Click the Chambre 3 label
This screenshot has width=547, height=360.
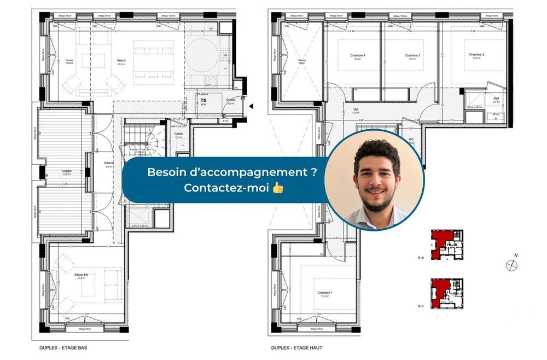(x=412, y=56)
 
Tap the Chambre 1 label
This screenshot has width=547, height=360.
(x=325, y=293)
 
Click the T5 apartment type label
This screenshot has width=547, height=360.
(x=203, y=101)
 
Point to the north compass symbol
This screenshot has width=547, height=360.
(x=511, y=264)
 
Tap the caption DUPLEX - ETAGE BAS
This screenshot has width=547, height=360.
(x=63, y=347)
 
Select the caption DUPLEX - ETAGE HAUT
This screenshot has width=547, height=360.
(x=296, y=347)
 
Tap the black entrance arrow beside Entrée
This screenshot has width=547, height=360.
(x=251, y=106)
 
